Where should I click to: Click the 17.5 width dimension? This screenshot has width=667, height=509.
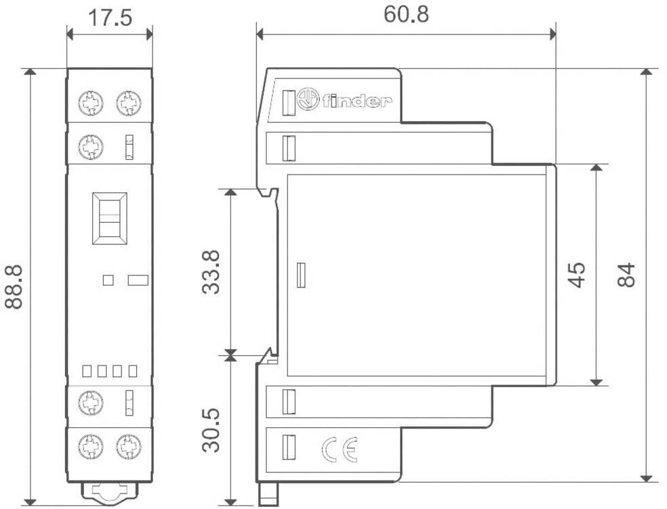point(110,18)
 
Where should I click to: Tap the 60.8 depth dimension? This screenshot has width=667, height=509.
point(406,14)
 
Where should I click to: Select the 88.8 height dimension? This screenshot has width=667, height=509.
point(14,286)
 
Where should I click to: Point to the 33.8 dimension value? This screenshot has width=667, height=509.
point(211,272)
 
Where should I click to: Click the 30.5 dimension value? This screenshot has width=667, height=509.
point(211,430)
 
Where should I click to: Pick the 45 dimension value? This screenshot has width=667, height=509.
point(578,275)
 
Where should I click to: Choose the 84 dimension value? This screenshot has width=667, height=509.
point(626,275)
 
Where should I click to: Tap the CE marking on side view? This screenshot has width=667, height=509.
point(340,449)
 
